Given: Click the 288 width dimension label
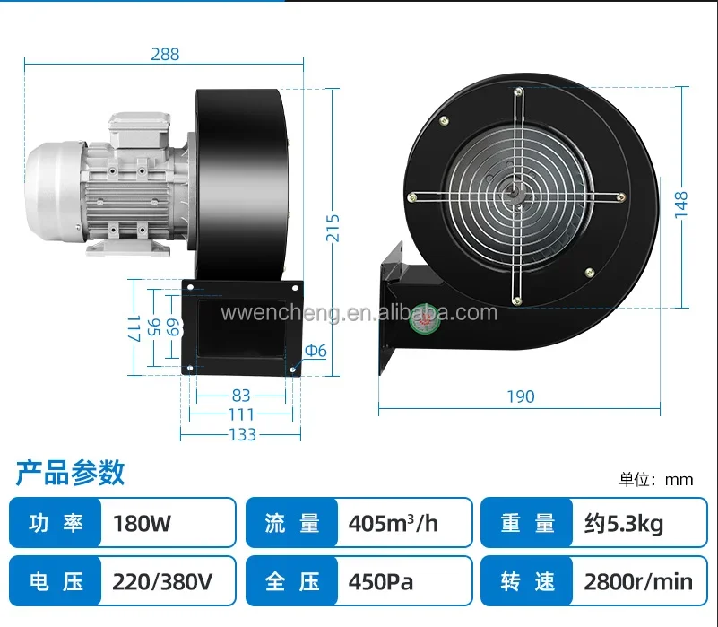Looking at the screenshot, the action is (165, 54).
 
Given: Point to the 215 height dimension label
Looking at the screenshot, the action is (333, 228).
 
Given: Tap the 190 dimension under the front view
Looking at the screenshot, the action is (521, 396).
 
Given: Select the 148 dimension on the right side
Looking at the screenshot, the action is (681, 205).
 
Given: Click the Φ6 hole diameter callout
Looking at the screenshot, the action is (316, 351).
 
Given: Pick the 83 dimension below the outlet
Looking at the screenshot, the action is (241, 395).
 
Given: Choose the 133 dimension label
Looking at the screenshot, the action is (242, 434).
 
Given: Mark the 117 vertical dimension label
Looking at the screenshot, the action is (133, 328).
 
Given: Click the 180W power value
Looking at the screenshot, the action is (142, 523).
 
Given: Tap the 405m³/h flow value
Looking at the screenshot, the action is (393, 523).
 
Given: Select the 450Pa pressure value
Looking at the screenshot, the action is (381, 581).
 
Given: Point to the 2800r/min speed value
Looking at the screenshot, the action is (638, 581).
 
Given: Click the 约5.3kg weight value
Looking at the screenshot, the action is (624, 524).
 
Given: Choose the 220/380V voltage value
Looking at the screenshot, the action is (162, 581).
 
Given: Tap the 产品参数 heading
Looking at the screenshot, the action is (70, 472).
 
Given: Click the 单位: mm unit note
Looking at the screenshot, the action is (656, 479).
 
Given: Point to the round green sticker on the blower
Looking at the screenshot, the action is (425, 319).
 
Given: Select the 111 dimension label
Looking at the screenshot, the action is (241, 414).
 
